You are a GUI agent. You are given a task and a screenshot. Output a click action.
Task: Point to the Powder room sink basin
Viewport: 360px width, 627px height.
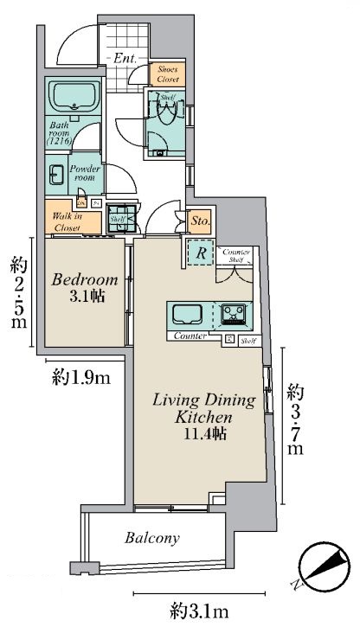point(55,171)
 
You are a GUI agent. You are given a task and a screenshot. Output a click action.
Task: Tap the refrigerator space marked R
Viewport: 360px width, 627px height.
point(201,254)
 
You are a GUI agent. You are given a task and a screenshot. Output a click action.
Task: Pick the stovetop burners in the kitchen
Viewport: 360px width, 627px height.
point(233,313)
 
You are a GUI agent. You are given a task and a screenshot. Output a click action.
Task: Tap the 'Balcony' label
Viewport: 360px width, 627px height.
point(151,537)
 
